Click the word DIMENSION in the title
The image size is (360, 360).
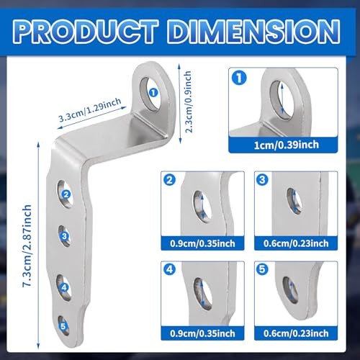(254, 32)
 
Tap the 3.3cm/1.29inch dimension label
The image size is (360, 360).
(90, 110)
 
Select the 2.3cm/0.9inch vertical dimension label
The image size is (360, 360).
(189, 102)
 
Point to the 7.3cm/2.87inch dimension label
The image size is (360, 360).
(27, 246)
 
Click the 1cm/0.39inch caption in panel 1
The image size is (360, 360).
(287, 145)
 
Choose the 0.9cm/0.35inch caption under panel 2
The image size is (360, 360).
(202, 243)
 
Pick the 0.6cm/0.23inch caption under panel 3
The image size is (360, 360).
(296, 243)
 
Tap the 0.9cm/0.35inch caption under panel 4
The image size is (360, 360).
(202, 333)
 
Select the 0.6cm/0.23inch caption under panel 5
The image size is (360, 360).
(296, 333)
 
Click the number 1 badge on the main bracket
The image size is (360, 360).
(153, 92)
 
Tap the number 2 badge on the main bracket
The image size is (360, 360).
(66, 194)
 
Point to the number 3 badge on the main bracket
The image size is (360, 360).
(64, 236)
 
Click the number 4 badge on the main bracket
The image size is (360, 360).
(64, 287)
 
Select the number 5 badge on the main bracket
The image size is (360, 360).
(63, 326)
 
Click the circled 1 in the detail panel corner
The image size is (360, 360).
(239, 78)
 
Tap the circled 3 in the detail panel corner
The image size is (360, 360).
(262, 179)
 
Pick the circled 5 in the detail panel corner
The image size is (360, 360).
(262, 269)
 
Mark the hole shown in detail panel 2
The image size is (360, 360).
(202, 207)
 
